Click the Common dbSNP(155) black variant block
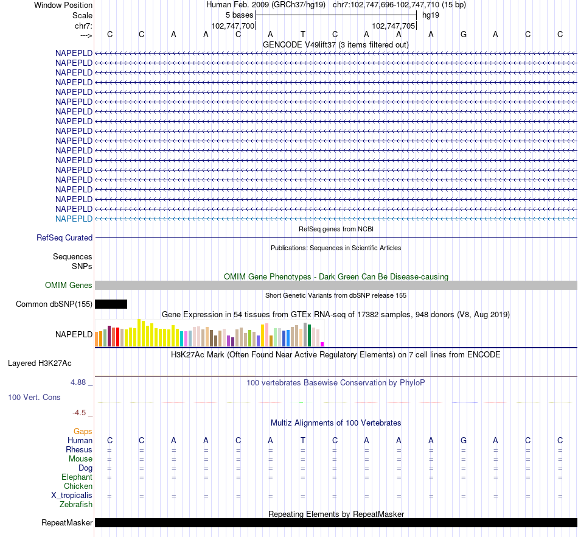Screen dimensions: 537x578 [x=111, y=304]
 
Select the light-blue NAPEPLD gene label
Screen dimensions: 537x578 [x=74, y=219]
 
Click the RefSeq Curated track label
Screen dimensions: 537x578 [x=64, y=238]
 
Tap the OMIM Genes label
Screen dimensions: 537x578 [x=69, y=285]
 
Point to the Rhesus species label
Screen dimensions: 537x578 [x=79, y=450]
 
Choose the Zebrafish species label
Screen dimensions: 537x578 [x=76, y=505]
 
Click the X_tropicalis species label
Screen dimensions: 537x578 [x=72, y=496]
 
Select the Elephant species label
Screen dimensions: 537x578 [x=77, y=477]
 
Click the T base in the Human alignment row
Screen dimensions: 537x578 [x=302, y=440]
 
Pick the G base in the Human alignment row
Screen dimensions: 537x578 [x=463, y=440]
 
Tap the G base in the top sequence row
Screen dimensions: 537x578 [x=463, y=34]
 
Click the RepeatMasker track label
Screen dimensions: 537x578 [x=67, y=523]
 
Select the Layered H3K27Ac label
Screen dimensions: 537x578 [x=40, y=363]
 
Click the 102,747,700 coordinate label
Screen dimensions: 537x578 [x=232, y=26]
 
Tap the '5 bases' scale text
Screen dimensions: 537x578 [x=240, y=15]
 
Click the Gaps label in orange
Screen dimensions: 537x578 [x=83, y=431]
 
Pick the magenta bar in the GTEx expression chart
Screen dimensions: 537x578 [x=322, y=345]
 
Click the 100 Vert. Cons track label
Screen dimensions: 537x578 [x=34, y=397]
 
